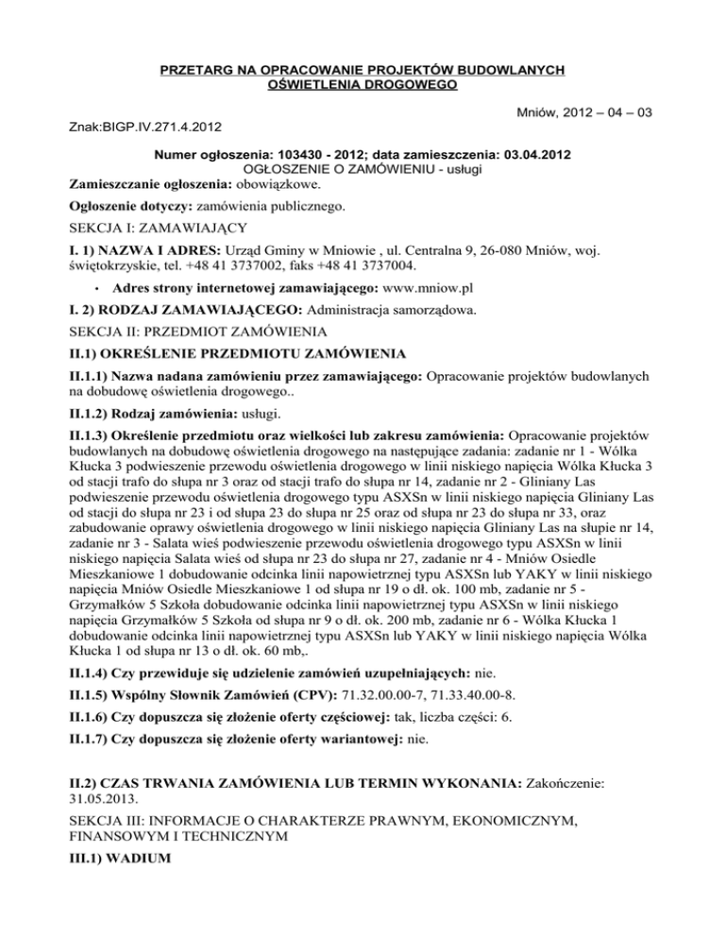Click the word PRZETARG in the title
tap(196, 70)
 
